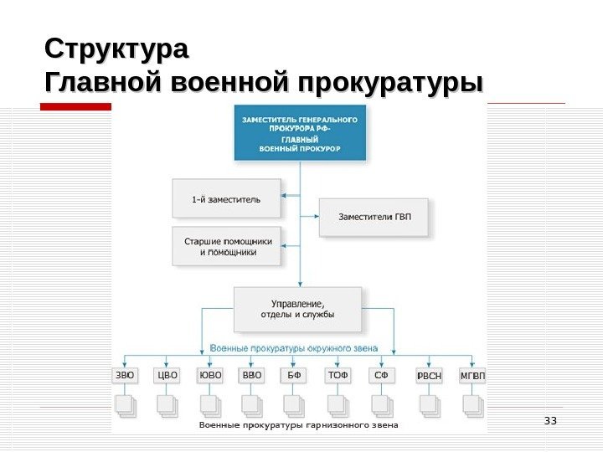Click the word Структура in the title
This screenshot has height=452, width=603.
pyautogui.click(x=117, y=49)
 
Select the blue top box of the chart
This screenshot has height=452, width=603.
pyautogui.click(x=301, y=135)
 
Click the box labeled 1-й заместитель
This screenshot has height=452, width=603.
pyautogui.click(x=225, y=199)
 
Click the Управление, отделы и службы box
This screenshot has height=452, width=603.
pyautogui.click(x=298, y=309)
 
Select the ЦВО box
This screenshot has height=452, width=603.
pyautogui.click(x=168, y=375)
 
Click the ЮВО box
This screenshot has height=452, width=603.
pyautogui.click(x=211, y=375)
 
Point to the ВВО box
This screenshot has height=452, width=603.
pyautogui.click(x=252, y=375)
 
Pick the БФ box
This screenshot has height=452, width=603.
pyautogui.click(x=294, y=375)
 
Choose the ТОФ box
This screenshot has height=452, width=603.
pyautogui.click(x=338, y=375)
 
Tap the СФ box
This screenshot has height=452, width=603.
pyautogui.click(x=381, y=375)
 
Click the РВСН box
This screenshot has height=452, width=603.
pyautogui.click(x=429, y=376)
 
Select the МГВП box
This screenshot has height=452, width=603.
pyautogui.click(x=472, y=376)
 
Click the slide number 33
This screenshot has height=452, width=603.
pyautogui.click(x=550, y=420)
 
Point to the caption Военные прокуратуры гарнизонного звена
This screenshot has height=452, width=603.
pyautogui.click(x=298, y=425)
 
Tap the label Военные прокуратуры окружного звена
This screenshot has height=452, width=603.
pyautogui.click(x=293, y=347)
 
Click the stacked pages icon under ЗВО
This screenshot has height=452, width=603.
pyautogui.click(x=126, y=406)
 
